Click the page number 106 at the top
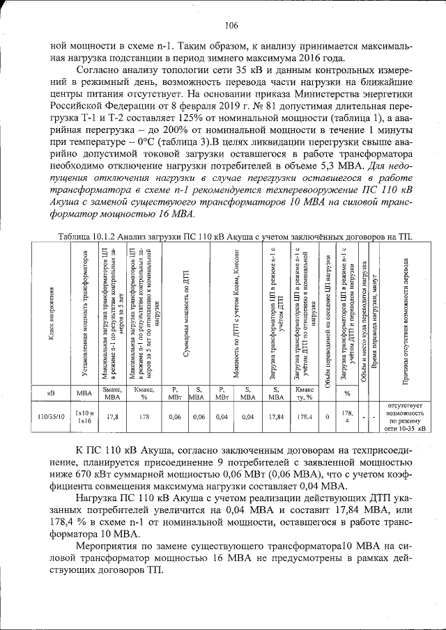[231, 26]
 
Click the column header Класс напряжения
[51, 317]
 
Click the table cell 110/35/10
[51, 417]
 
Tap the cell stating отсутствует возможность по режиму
[406, 417]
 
